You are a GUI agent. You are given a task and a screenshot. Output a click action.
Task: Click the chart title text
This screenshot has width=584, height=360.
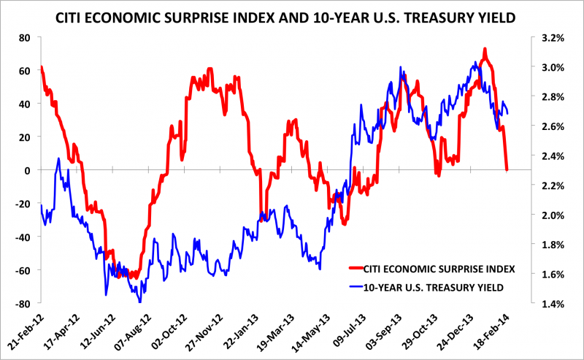(292, 14)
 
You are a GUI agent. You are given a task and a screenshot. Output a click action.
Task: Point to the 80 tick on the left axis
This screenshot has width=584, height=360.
(24, 37)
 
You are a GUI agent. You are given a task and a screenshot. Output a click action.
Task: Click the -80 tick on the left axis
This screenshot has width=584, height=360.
(22, 303)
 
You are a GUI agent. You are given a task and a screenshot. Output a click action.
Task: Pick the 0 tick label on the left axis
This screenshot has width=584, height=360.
(27, 170)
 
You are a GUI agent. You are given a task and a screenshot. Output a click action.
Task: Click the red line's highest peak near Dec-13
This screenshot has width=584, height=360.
(485, 50)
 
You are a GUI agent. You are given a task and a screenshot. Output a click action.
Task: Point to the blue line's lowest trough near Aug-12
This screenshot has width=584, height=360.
(139, 302)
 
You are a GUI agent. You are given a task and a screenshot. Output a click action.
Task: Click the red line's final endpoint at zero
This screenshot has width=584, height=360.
(507, 169)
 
